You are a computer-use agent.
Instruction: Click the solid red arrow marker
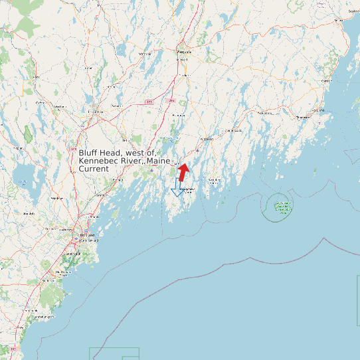[183, 172]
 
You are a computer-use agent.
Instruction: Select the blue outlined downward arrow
[177, 187]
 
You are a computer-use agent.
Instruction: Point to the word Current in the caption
[94, 169]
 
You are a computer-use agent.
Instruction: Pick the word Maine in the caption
[159, 161]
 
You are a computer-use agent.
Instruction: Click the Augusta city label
[184, 50]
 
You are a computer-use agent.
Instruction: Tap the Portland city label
[84, 236]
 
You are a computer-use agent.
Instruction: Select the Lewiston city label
[96, 112]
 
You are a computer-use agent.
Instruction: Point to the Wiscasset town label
[207, 139]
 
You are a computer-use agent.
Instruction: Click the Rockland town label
[302, 117]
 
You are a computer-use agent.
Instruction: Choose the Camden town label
[325, 81]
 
